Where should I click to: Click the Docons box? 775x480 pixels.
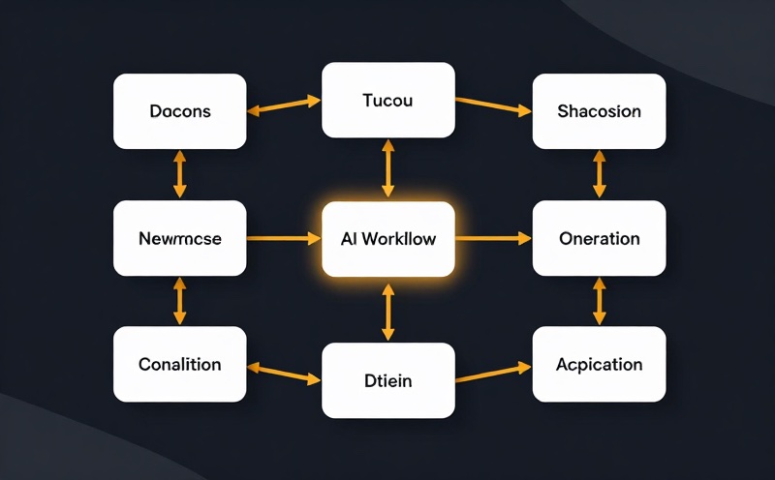click(x=180, y=111)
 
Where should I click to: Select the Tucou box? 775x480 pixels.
click(x=387, y=100)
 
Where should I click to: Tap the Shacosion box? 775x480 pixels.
click(x=599, y=111)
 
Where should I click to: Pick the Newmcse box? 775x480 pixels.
click(x=180, y=238)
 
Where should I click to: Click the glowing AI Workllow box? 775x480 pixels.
click(x=387, y=238)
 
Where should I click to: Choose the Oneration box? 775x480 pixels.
click(x=599, y=238)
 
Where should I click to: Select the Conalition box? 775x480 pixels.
click(x=180, y=364)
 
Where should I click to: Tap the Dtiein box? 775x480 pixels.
click(x=387, y=380)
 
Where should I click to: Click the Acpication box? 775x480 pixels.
click(x=599, y=364)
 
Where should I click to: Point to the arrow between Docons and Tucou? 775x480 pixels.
click(x=284, y=105)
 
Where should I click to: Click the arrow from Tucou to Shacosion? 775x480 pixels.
click(x=493, y=105)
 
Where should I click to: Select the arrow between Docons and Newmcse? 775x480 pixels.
click(x=180, y=175)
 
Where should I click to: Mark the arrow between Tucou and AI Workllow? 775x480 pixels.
click(x=387, y=169)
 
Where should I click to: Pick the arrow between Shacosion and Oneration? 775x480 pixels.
click(x=599, y=175)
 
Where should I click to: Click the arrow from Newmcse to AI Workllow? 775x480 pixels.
click(x=284, y=238)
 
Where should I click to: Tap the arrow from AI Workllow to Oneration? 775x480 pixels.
click(x=493, y=238)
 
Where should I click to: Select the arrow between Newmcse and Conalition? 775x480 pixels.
click(x=180, y=301)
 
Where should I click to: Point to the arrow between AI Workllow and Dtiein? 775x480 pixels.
click(x=387, y=310)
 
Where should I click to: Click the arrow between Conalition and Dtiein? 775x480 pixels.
click(x=284, y=373)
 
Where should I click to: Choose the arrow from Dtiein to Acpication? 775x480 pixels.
click(x=493, y=373)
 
